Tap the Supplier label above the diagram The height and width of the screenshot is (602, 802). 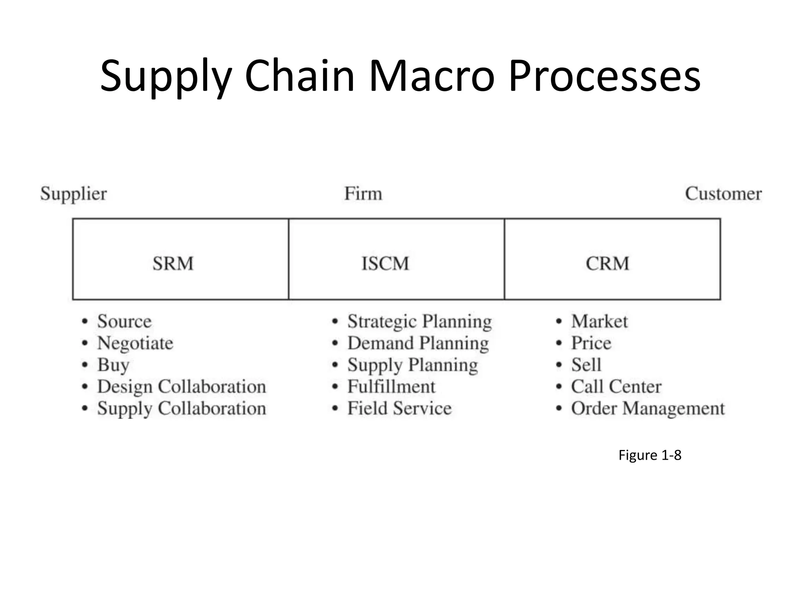tap(73, 194)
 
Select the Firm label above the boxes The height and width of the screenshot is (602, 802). tap(363, 194)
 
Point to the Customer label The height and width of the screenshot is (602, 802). tap(723, 194)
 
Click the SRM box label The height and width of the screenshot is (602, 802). tap(173, 263)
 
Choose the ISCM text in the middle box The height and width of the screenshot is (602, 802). tap(385, 263)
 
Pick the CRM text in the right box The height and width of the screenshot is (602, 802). tap(607, 263)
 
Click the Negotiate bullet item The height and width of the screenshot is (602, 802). tap(135, 343)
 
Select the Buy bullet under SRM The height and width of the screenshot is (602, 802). tap(113, 365)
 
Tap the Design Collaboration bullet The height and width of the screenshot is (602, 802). tap(181, 387)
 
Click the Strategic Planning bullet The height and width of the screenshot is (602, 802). tap(419, 322)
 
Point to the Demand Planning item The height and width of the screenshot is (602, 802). tap(418, 343)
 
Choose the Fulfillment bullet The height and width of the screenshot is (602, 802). tap(391, 387)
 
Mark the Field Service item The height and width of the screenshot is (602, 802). tap(399, 408)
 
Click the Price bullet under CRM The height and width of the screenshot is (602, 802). tap(591, 343)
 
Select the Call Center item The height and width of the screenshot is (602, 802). tap(616, 387)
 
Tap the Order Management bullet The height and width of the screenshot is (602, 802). tap(648, 408)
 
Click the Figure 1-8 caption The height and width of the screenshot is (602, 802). tap(650, 455)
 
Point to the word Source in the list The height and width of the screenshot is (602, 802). tap(124, 322)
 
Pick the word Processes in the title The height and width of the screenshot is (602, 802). tap(605, 76)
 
